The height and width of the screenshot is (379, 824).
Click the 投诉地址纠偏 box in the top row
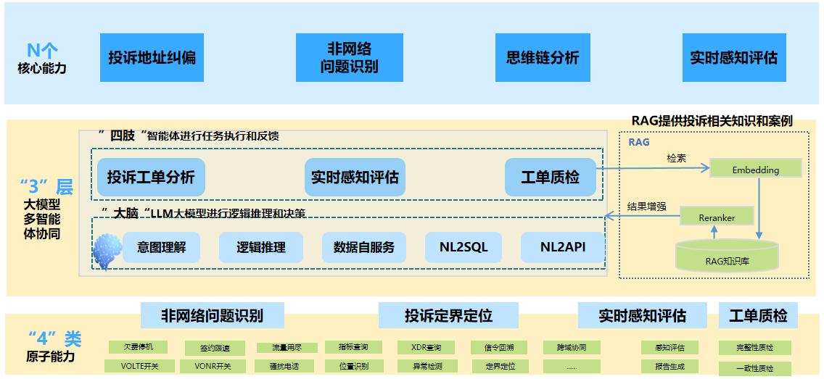point(152,57)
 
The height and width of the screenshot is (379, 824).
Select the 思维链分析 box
point(543,57)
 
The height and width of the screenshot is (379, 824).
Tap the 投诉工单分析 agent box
point(151,177)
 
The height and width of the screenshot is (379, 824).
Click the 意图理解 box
point(162,247)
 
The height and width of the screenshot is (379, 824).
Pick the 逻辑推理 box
point(260,247)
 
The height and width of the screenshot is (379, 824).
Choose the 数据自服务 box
point(364,247)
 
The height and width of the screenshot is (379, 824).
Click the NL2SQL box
point(463,247)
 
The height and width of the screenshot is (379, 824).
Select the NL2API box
point(562,247)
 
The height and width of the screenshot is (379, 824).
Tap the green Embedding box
point(755,170)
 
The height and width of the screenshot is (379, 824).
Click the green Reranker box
point(717,217)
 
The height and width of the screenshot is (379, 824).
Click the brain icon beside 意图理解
point(107,250)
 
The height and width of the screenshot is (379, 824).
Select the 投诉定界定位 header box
point(448,316)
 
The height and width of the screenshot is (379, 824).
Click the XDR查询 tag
point(421,347)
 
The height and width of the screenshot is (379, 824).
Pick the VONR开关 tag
point(213,366)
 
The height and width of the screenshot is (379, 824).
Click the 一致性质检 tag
point(754,368)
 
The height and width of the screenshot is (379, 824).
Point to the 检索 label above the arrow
point(676,158)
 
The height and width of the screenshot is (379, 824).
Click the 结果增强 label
point(646,207)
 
